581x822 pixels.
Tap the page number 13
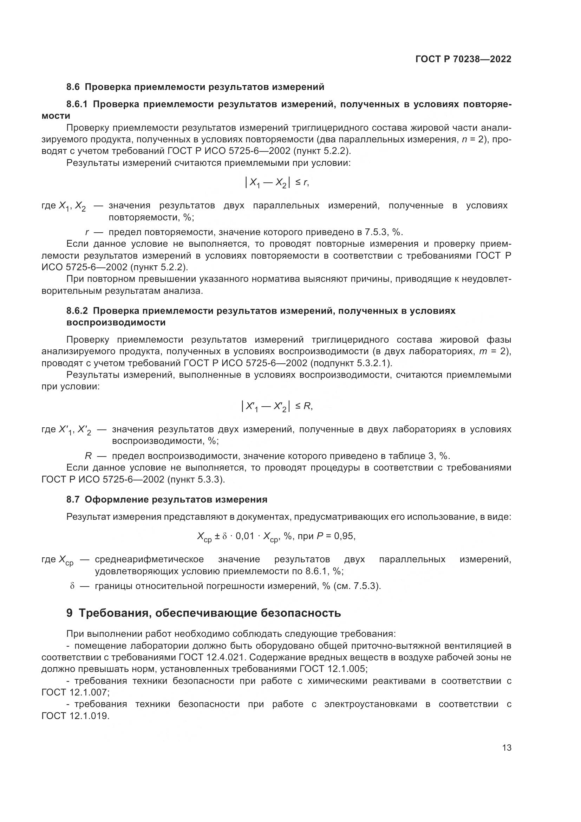(507, 747)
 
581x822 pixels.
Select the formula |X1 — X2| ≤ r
(276, 183)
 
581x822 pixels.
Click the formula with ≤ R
(276, 406)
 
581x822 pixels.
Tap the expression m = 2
(493, 351)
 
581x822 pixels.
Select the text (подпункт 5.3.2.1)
(351, 363)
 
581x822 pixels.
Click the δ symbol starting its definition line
(72, 586)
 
